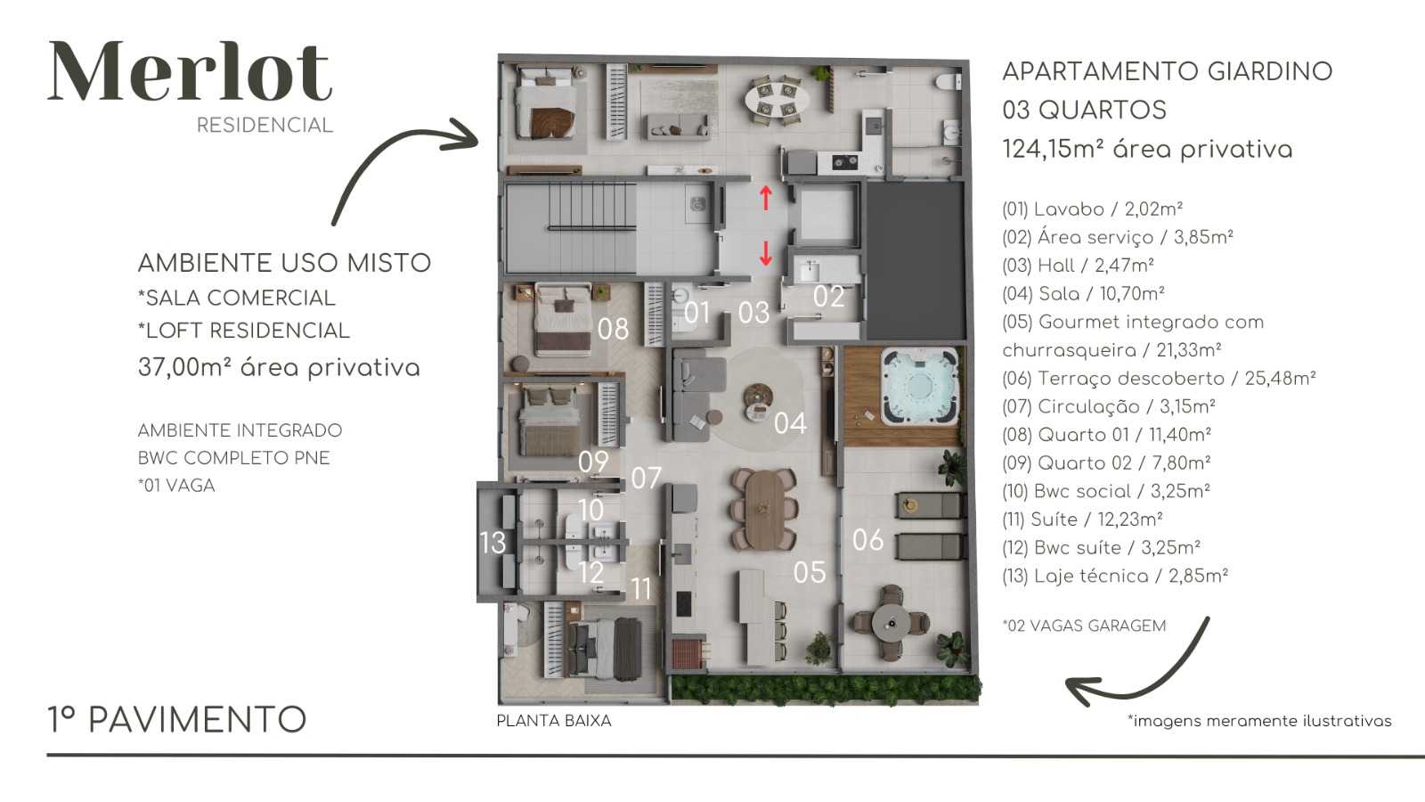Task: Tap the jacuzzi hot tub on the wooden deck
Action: click(919, 387)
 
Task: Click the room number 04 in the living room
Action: click(790, 423)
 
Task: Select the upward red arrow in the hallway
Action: click(766, 197)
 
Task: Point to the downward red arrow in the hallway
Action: click(766, 253)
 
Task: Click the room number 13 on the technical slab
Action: click(493, 543)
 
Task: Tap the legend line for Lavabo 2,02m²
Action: click(1092, 209)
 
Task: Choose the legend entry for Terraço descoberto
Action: click(1159, 379)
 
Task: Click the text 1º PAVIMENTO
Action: click(177, 720)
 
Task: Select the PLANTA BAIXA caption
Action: click(553, 721)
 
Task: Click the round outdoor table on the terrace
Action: click(890, 622)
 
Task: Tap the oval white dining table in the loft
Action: click(778, 102)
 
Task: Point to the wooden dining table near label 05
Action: click(764, 509)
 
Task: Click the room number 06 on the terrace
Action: click(867, 540)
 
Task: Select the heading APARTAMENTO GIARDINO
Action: click(1168, 71)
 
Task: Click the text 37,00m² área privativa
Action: click(280, 368)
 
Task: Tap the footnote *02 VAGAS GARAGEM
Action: click(1084, 626)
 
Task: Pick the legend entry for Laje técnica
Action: click(1115, 576)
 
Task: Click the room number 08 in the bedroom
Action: click(614, 329)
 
